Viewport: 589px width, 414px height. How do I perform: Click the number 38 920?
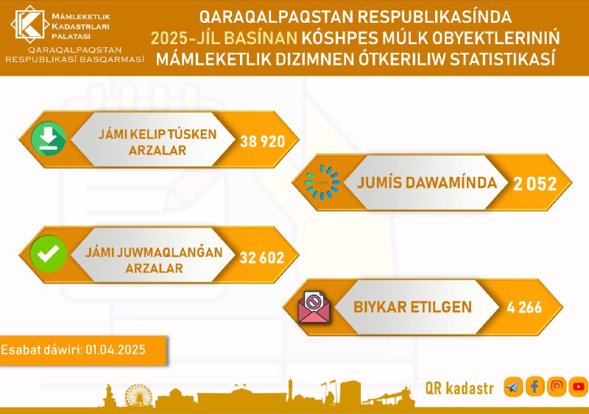click(262, 141)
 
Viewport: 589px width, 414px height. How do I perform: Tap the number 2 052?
click(535, 183)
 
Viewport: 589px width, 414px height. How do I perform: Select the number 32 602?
click(262, 258)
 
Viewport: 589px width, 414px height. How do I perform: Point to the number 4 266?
click(524, 307)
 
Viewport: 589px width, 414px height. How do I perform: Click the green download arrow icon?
click(49, 138)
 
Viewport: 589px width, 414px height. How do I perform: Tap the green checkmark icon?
click(48, 253)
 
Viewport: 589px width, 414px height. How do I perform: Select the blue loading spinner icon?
click(322, 182)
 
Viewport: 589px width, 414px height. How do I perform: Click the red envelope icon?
click(314, 307)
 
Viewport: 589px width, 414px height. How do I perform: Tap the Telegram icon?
click(513, 387)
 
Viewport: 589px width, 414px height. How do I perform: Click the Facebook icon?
click(535, 386)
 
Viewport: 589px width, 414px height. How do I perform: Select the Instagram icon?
click(557, 386)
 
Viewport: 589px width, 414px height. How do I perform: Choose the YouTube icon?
click(579, 387)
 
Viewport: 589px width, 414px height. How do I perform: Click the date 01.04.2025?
click(116, 350)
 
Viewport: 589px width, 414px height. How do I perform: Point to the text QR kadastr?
click(459, 388)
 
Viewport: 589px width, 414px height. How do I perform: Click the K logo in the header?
click(29, 24)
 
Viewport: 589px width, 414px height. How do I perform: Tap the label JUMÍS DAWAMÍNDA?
click(427, 183)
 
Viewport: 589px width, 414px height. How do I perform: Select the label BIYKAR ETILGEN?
click(412, 307)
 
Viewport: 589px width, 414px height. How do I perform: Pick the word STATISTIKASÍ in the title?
click(502, 60)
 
